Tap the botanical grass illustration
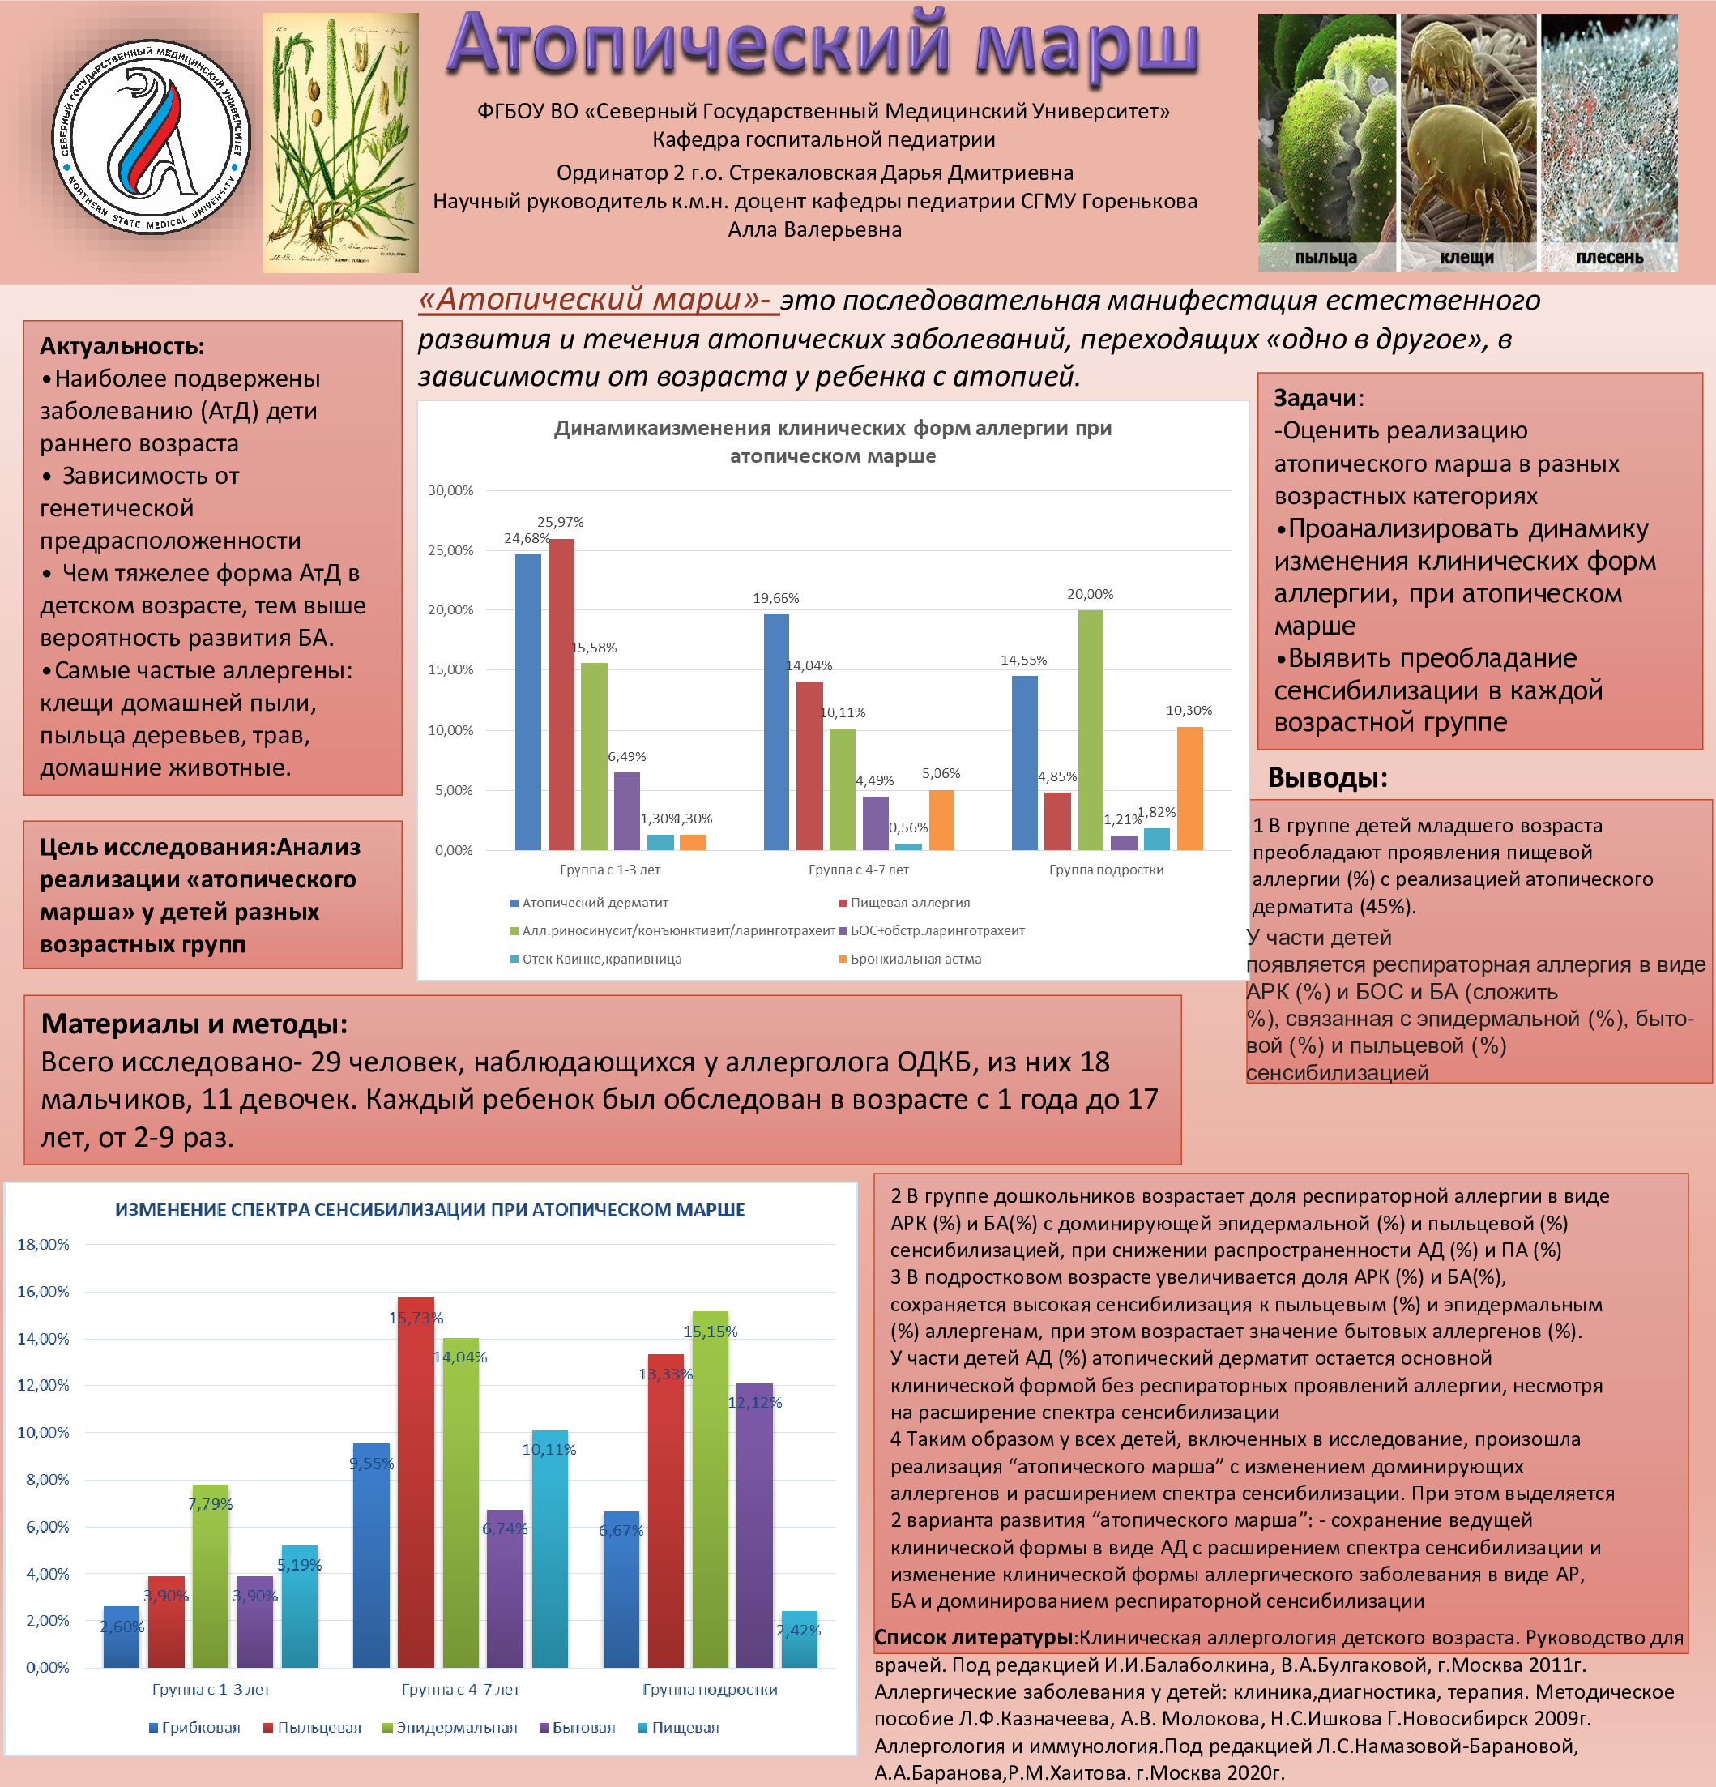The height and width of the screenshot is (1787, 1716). point(341,143)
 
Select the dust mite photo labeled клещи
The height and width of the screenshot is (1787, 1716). point(1467,137)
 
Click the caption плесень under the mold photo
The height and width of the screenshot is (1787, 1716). point(1609,257)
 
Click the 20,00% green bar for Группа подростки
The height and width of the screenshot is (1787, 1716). point(1090,729)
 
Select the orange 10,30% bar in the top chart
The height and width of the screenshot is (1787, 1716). point(1189,788)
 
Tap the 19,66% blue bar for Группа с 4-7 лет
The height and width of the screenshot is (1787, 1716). point(776,731)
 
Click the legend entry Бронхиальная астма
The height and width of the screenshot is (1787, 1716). point(915,960)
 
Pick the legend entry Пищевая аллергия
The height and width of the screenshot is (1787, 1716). point(910,903)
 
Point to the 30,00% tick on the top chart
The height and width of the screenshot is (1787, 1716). point(450,490)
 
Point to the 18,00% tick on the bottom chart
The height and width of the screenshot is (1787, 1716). point(43,1245)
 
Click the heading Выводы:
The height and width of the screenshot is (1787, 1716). point(1327,778)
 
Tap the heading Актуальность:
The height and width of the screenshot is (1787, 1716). point(122,347)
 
